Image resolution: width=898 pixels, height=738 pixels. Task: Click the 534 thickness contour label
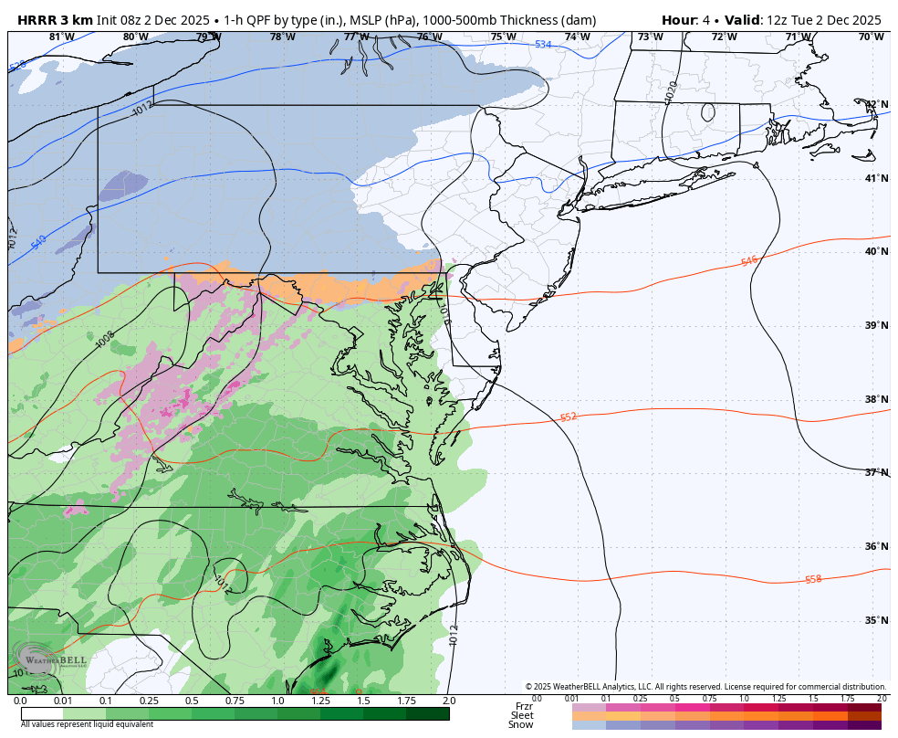pos(543,45)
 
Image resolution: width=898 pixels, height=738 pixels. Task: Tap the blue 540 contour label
pos(38,243)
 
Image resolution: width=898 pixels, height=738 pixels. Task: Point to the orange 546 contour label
pos(748,262)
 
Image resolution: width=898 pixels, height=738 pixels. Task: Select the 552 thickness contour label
pos(568,417)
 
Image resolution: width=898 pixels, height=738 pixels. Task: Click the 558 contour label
pos(812,580)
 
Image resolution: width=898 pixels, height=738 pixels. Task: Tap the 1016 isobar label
pos(444,313)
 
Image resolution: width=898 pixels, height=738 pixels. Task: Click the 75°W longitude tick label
pos(503,37)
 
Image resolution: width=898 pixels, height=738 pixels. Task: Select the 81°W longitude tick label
pos(62,37)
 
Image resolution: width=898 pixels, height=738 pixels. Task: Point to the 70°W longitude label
pos(872,37)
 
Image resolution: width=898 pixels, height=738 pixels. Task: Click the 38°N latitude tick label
pos(876,399)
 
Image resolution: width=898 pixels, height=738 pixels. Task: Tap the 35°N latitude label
pos(876,620)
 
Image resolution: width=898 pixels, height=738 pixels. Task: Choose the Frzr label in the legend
pos(524,706)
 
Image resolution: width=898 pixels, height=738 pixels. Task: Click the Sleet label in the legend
pos(522,715)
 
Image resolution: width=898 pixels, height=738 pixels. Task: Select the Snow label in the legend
pos(522,724)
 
